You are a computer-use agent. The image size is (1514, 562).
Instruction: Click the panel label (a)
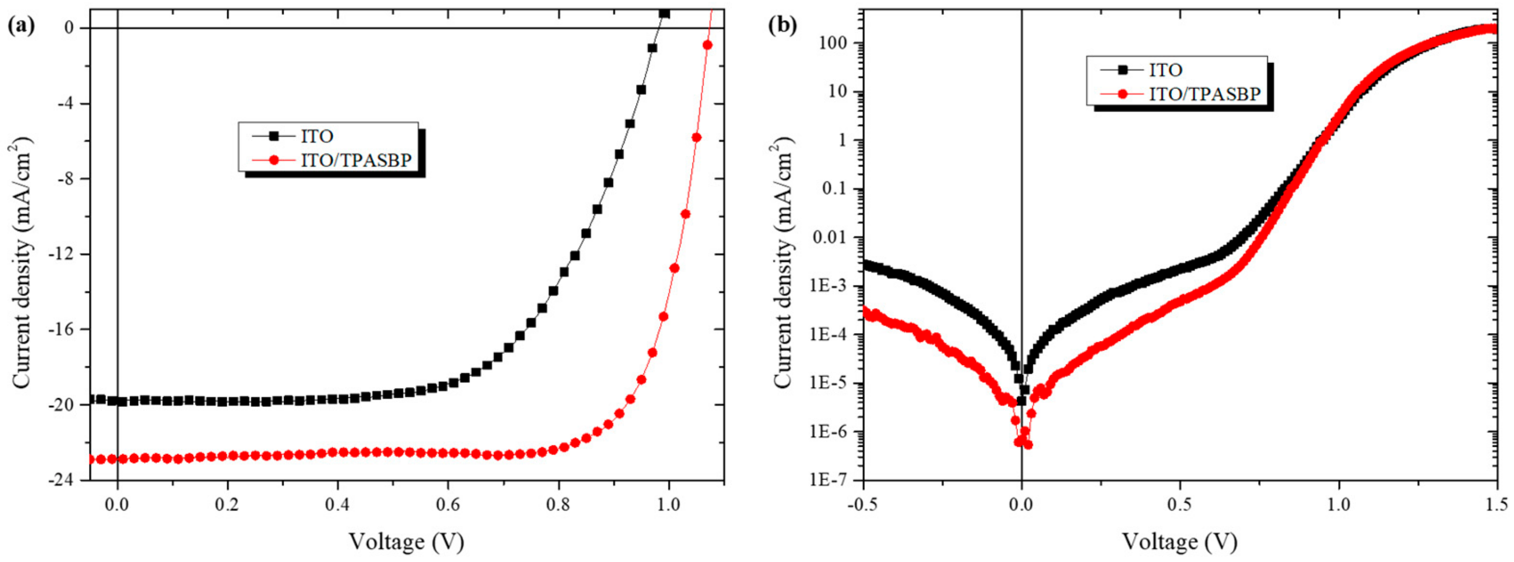20,27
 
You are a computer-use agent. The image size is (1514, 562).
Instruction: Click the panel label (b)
783,27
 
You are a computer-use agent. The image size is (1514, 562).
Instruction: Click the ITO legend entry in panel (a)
317,136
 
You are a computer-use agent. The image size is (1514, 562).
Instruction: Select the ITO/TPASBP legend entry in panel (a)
356,159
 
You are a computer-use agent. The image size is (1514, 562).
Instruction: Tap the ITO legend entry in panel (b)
1165,70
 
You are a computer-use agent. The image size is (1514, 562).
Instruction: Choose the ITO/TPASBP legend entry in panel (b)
1204,94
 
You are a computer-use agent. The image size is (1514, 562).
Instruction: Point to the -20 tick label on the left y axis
69,405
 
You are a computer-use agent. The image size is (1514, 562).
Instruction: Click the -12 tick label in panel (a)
69,254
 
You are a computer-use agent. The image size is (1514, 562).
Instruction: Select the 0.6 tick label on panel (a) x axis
448,504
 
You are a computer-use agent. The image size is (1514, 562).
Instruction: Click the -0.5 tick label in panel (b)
863,504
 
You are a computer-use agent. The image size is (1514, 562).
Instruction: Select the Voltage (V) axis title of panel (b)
1180,541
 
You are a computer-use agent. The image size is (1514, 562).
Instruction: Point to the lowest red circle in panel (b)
1028,445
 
